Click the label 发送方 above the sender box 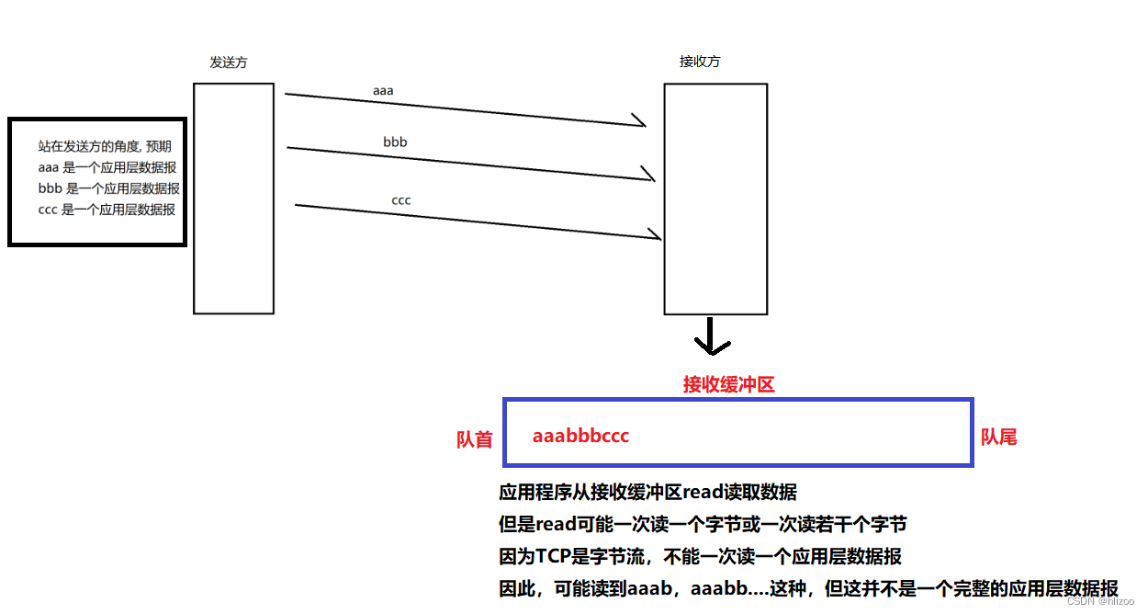pyautogui.click(x=229, y=63)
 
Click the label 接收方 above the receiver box pyautogui.click(x=700, y=62)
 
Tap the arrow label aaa pyautogui.click(x=383, y=91)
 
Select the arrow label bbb pyautogui.click(x=395, y=142)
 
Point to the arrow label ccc pyautogui.click(x=401, y=199)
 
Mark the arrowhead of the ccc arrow pyautogui.click(x=655, y=234)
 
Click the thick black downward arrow pyautogui.click(x=712, y=337)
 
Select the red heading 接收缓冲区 pyautogui.click(x=728, y=384)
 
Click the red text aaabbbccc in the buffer pyautogui.click(x=580, y=436)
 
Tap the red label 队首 pyautogui.click(x=474, y=439)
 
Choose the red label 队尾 pyautogui.click(x=998, y=437)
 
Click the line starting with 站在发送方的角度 pyautogui.click(x=104, y=146)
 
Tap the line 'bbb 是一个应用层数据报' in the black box pyautogui.click(x=108, y=188)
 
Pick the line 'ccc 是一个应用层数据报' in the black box pyautogui.click(x=107, y=210)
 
